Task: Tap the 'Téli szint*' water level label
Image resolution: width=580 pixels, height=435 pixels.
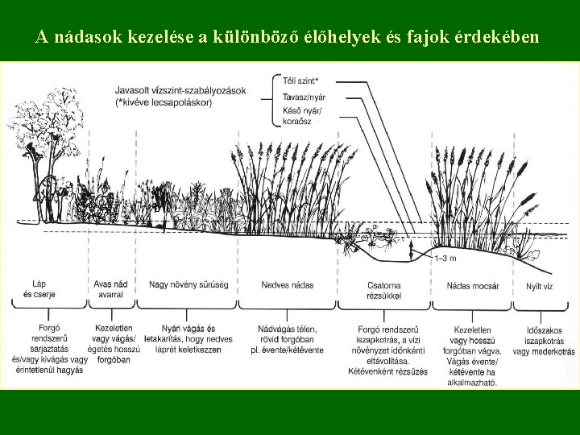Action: pyautogui.click(x=301, y=81)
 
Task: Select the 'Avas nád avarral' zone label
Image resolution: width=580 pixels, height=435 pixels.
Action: pyautogui.click(x=111, y=289)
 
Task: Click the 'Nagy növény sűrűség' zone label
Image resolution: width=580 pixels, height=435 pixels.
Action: pyautogui.click(x=188, y=284)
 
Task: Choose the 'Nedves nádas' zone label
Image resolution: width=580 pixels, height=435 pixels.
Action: pyautogui.click(x=288, y=284)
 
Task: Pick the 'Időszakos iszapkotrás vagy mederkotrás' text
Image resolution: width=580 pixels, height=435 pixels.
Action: pyautogui.click(x=544, y=341)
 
